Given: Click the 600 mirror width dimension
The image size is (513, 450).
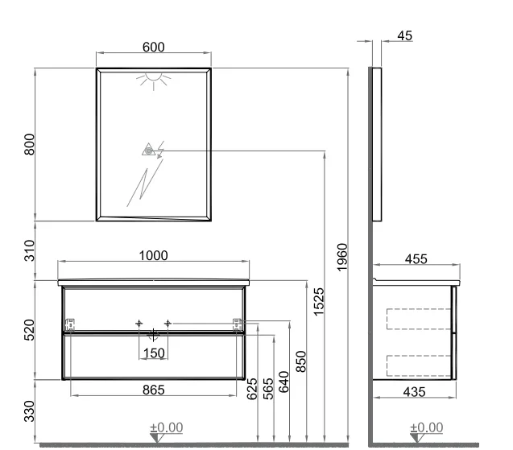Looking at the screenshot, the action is tap(154, 47).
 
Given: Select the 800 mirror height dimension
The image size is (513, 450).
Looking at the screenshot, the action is tap(29, 144).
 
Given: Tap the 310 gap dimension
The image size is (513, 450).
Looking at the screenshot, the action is tap(29, 250).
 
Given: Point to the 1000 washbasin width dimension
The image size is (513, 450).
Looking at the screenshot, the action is tap(154, 255).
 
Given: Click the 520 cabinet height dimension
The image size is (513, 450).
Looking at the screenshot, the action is tap(29, 330).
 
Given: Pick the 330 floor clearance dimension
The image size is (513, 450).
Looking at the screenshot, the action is tap(29, 411).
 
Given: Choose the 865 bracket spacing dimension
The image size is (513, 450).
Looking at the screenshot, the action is tap(154, 390).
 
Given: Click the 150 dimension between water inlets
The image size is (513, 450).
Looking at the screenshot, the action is tap(154, 353).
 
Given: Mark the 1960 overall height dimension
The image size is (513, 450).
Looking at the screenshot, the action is tap(341, 257).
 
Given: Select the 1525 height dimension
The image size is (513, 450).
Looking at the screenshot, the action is tap(318, 302).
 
